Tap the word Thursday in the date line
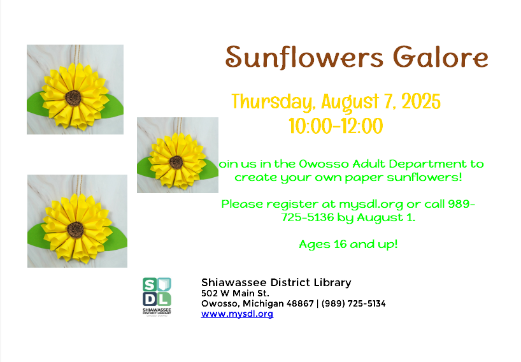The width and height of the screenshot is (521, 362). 273,102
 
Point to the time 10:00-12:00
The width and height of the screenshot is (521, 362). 336,126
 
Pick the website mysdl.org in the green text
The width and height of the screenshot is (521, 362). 371,205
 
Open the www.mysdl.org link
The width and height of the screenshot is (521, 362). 237,314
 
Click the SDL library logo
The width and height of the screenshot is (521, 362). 157,295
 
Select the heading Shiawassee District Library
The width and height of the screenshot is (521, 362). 276,282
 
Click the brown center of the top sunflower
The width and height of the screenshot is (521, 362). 73,98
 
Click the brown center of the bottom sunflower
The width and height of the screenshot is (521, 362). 76,228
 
